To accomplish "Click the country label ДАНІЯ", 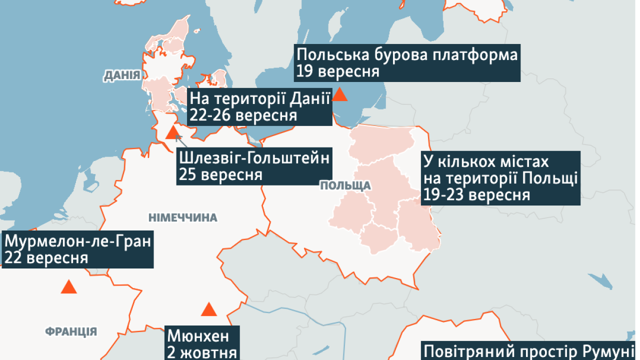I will click(121, 75).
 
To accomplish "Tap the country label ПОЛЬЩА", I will click(345, 186).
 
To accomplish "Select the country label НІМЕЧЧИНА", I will click(182, 217).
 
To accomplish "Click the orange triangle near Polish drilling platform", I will click(340, 94).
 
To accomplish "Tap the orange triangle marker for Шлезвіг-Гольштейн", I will click(172, 133).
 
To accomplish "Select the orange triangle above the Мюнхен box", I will click(208, 309).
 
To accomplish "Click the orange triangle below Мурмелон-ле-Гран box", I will click(68, 287).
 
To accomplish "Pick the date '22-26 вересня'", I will click(243, 115).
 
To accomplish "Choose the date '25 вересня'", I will click(220, 175).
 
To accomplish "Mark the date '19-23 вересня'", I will click(476, 194).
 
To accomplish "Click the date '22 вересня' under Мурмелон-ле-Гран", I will click(46, 258).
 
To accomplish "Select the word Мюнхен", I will click(197, 334).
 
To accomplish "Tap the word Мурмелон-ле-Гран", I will click(77, 241).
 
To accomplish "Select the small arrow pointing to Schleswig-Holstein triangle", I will click(178, 139).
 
